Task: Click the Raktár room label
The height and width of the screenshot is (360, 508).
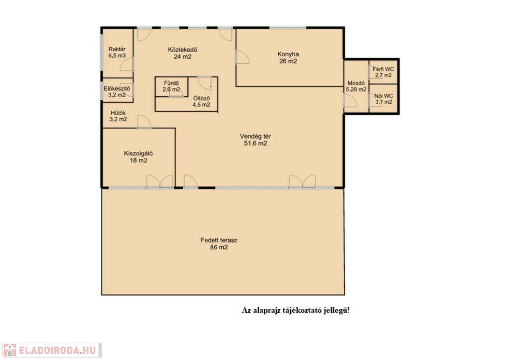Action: [x=117, y=52]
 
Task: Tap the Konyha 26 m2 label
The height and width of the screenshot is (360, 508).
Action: [x=288, y=58]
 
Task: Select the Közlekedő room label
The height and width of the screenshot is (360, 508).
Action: [x=183, y=53]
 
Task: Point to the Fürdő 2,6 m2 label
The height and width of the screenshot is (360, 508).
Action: [x=171, y=86]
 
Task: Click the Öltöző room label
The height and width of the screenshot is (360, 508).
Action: [x=201, y=101]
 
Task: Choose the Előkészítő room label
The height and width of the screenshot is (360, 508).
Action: [x=117, y=91]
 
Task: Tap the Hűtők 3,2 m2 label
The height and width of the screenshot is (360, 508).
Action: [x=118, y=116]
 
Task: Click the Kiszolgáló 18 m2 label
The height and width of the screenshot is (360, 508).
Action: [x=138, y=156]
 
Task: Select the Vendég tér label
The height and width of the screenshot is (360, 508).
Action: [x=255, y=140]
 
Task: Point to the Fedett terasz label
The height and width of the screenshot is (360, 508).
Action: [x=219, y=244]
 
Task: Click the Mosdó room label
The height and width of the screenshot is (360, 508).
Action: [x=356, y=86]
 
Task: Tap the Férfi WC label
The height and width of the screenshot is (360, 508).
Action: [x=383, y=72]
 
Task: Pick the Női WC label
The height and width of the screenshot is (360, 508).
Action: [x=383, y=99]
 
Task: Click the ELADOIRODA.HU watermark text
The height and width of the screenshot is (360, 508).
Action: [x=58, y=350]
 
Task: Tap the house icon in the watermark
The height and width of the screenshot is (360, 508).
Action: [x=10, y=350]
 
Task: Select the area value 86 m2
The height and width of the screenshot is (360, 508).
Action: [x=219, y=247]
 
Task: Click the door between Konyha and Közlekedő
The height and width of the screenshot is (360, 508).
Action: [x=242, y=57]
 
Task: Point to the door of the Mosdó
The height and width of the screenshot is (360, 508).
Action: [x=350, y=100]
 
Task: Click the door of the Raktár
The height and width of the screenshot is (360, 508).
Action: [x=127, y=64]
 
